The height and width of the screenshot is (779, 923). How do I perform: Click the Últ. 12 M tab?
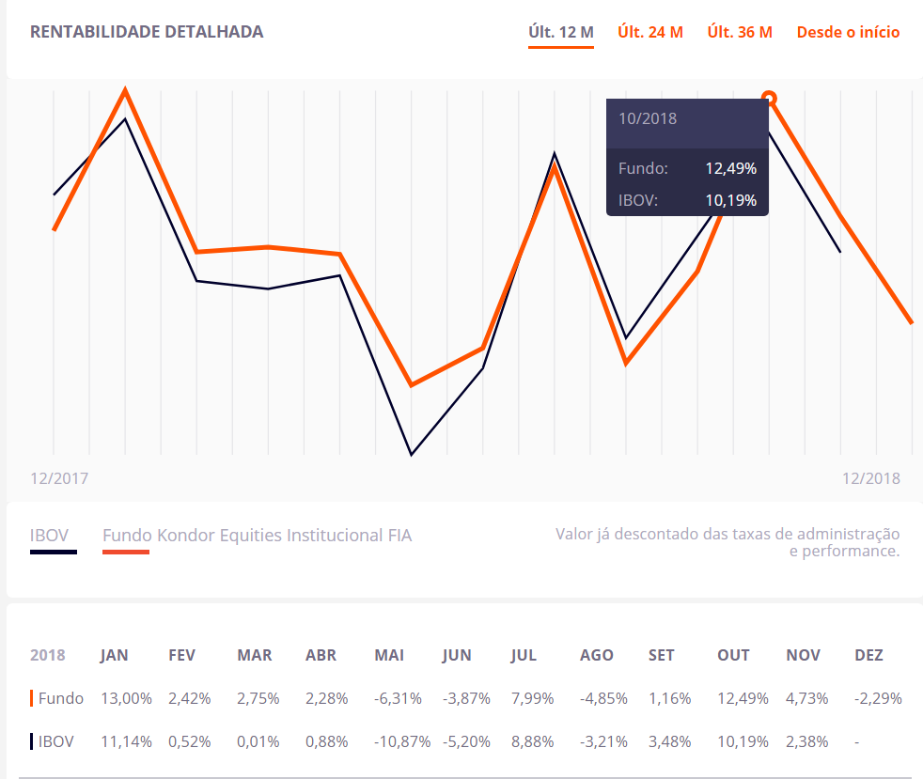[x=561, y=32]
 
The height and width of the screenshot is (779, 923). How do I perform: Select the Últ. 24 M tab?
[x=650, y=32]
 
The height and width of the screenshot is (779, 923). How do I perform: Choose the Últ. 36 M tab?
[x=740, y=32]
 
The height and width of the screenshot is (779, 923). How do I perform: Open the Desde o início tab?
[x=848, y=32]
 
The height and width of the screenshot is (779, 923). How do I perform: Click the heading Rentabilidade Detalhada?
[x=147, y=32]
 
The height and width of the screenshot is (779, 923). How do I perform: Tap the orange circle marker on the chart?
[x=769, y=98]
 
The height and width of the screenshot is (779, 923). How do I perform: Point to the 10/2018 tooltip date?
[x=648, y=119]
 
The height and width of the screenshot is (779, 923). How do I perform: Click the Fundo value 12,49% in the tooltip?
[x=730, y=169]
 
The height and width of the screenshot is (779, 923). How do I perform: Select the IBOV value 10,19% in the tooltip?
[x=730, y=200]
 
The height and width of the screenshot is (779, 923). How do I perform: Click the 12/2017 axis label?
[x=59, y=478]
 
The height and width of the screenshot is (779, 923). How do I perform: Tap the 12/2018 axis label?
[x=870, y=478]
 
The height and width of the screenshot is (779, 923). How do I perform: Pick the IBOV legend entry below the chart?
[x=50, y=537]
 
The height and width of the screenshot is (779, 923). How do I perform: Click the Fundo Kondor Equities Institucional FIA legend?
[x=257, y=537]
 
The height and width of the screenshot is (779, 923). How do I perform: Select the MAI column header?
[x=389, y=655]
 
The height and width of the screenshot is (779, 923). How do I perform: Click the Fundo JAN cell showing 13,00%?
[x=126, y=698]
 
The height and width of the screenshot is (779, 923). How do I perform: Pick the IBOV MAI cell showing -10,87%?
[x=402, y=741]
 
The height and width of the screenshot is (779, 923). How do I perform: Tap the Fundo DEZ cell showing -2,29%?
[x=878, y=698]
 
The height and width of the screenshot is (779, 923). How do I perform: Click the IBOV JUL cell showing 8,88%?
[x=532, y=741]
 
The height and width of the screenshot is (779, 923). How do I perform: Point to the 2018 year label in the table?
[x=48, y=655]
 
